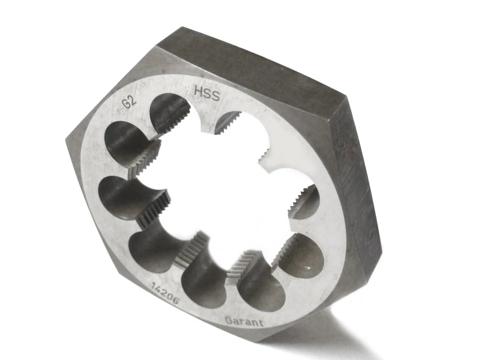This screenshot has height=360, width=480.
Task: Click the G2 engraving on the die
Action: pyautogui.click(x=129, y=102)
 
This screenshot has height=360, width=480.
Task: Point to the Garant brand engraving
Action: pyautogui.click(x=244, y=321)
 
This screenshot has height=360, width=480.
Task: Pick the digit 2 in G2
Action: pyautogui.click(x=133, y=100)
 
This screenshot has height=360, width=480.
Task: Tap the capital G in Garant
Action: pyautogui.click(x=228, y=320)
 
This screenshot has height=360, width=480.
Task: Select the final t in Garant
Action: pyautogui.click(x=261, y=322)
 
